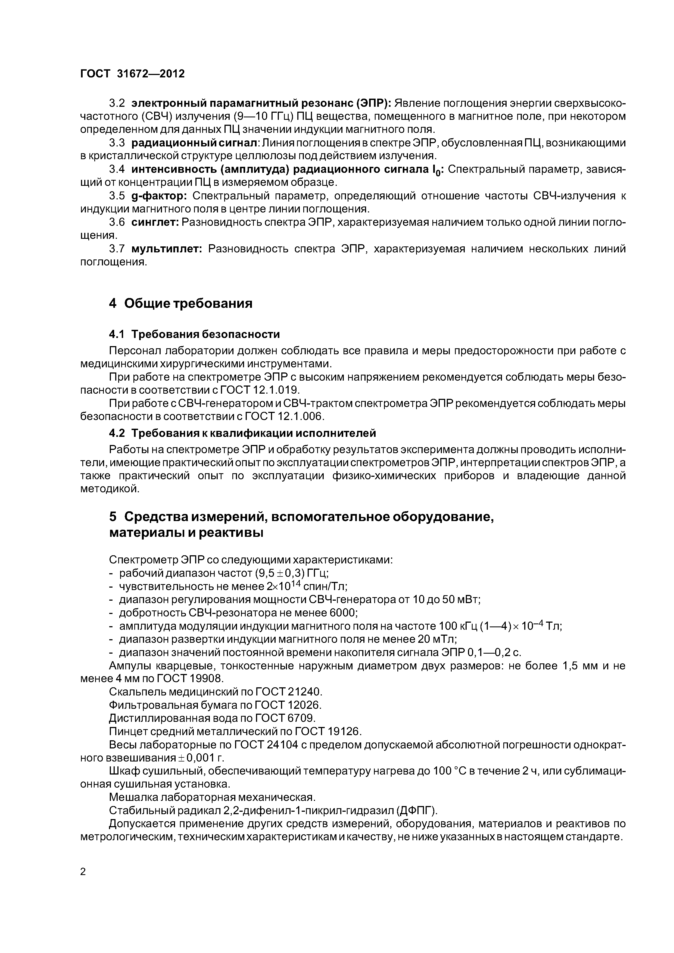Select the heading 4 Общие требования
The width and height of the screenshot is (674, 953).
point(181,303)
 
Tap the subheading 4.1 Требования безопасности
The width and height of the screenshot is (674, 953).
point(194,334)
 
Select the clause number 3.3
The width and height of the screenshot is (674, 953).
point(117,143)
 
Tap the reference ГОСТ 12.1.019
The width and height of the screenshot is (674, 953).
point(259,390)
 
